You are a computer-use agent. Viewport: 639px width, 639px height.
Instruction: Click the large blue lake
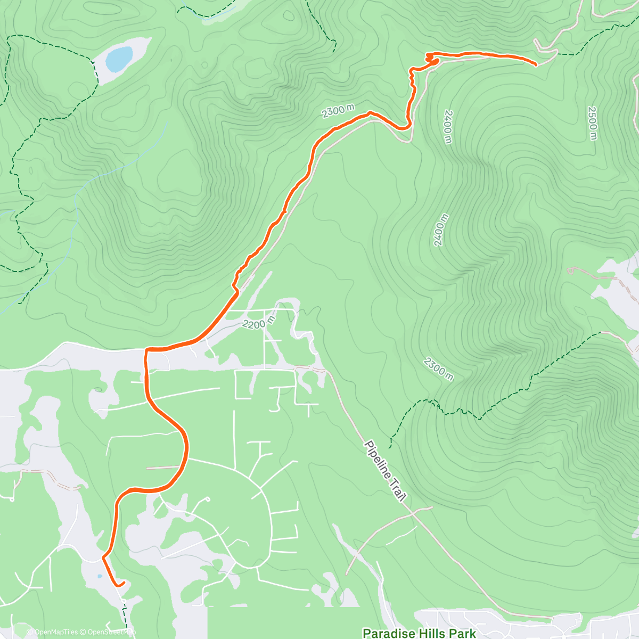click(119, 59)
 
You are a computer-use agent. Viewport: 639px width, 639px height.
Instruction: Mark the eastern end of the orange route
click(535, 64)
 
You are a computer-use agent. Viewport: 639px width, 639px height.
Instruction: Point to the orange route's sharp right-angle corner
click(146, 350)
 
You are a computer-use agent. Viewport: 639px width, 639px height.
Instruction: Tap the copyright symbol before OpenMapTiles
click(30, 632)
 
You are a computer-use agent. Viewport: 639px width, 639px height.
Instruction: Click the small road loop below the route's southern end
click(124, 602)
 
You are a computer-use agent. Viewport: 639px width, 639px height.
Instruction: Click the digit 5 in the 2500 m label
click(593, 117)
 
